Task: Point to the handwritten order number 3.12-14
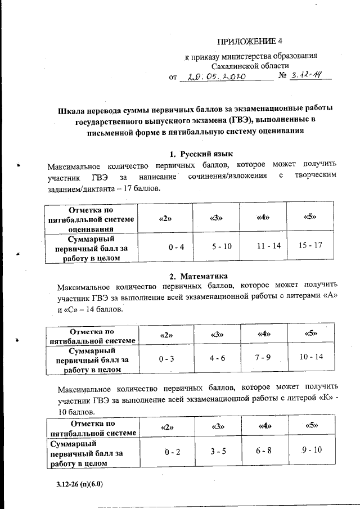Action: (307, 76)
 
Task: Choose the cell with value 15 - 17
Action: (310, 245)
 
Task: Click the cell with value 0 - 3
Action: (166, 358)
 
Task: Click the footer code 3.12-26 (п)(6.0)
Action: (79, 483)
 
